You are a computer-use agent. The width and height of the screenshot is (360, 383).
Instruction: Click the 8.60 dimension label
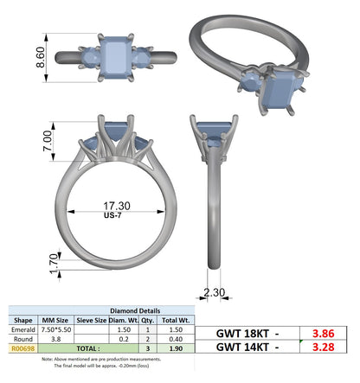pos(41,57)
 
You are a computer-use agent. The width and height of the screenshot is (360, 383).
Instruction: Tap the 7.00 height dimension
pos(48,141)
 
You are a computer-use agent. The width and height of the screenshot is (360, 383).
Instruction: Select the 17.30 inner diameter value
pos(117,206)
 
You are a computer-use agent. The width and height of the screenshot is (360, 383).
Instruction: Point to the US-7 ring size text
pos(112,215)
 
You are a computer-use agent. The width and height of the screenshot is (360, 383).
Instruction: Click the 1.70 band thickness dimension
pos(54,264)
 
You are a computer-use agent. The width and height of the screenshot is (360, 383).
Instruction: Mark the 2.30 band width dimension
pos(215,292)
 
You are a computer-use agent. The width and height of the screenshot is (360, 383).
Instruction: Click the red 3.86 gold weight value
pos(323,334)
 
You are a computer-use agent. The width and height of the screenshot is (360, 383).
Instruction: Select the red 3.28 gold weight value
pos(323,347)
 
